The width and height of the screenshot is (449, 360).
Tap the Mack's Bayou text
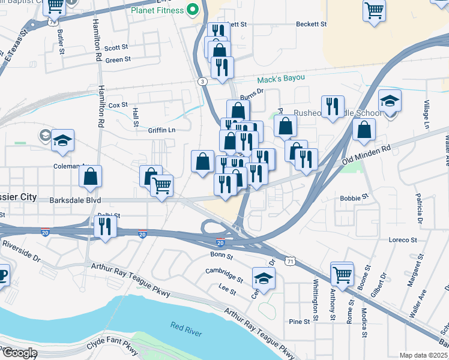click(x=282, y=79)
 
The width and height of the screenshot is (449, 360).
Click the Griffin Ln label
click(x=163, y=130)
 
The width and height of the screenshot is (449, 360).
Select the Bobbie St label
click(x=354, y=197)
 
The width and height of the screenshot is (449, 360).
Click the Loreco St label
click(x=402, y=240)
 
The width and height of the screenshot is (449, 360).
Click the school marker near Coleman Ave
click(x=62, y=140)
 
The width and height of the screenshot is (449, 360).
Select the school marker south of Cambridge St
click(x=263, y=278)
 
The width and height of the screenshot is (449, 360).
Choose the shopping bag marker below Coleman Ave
click(x=90, y=176)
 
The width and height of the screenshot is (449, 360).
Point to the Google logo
click(x=19, y=352)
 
